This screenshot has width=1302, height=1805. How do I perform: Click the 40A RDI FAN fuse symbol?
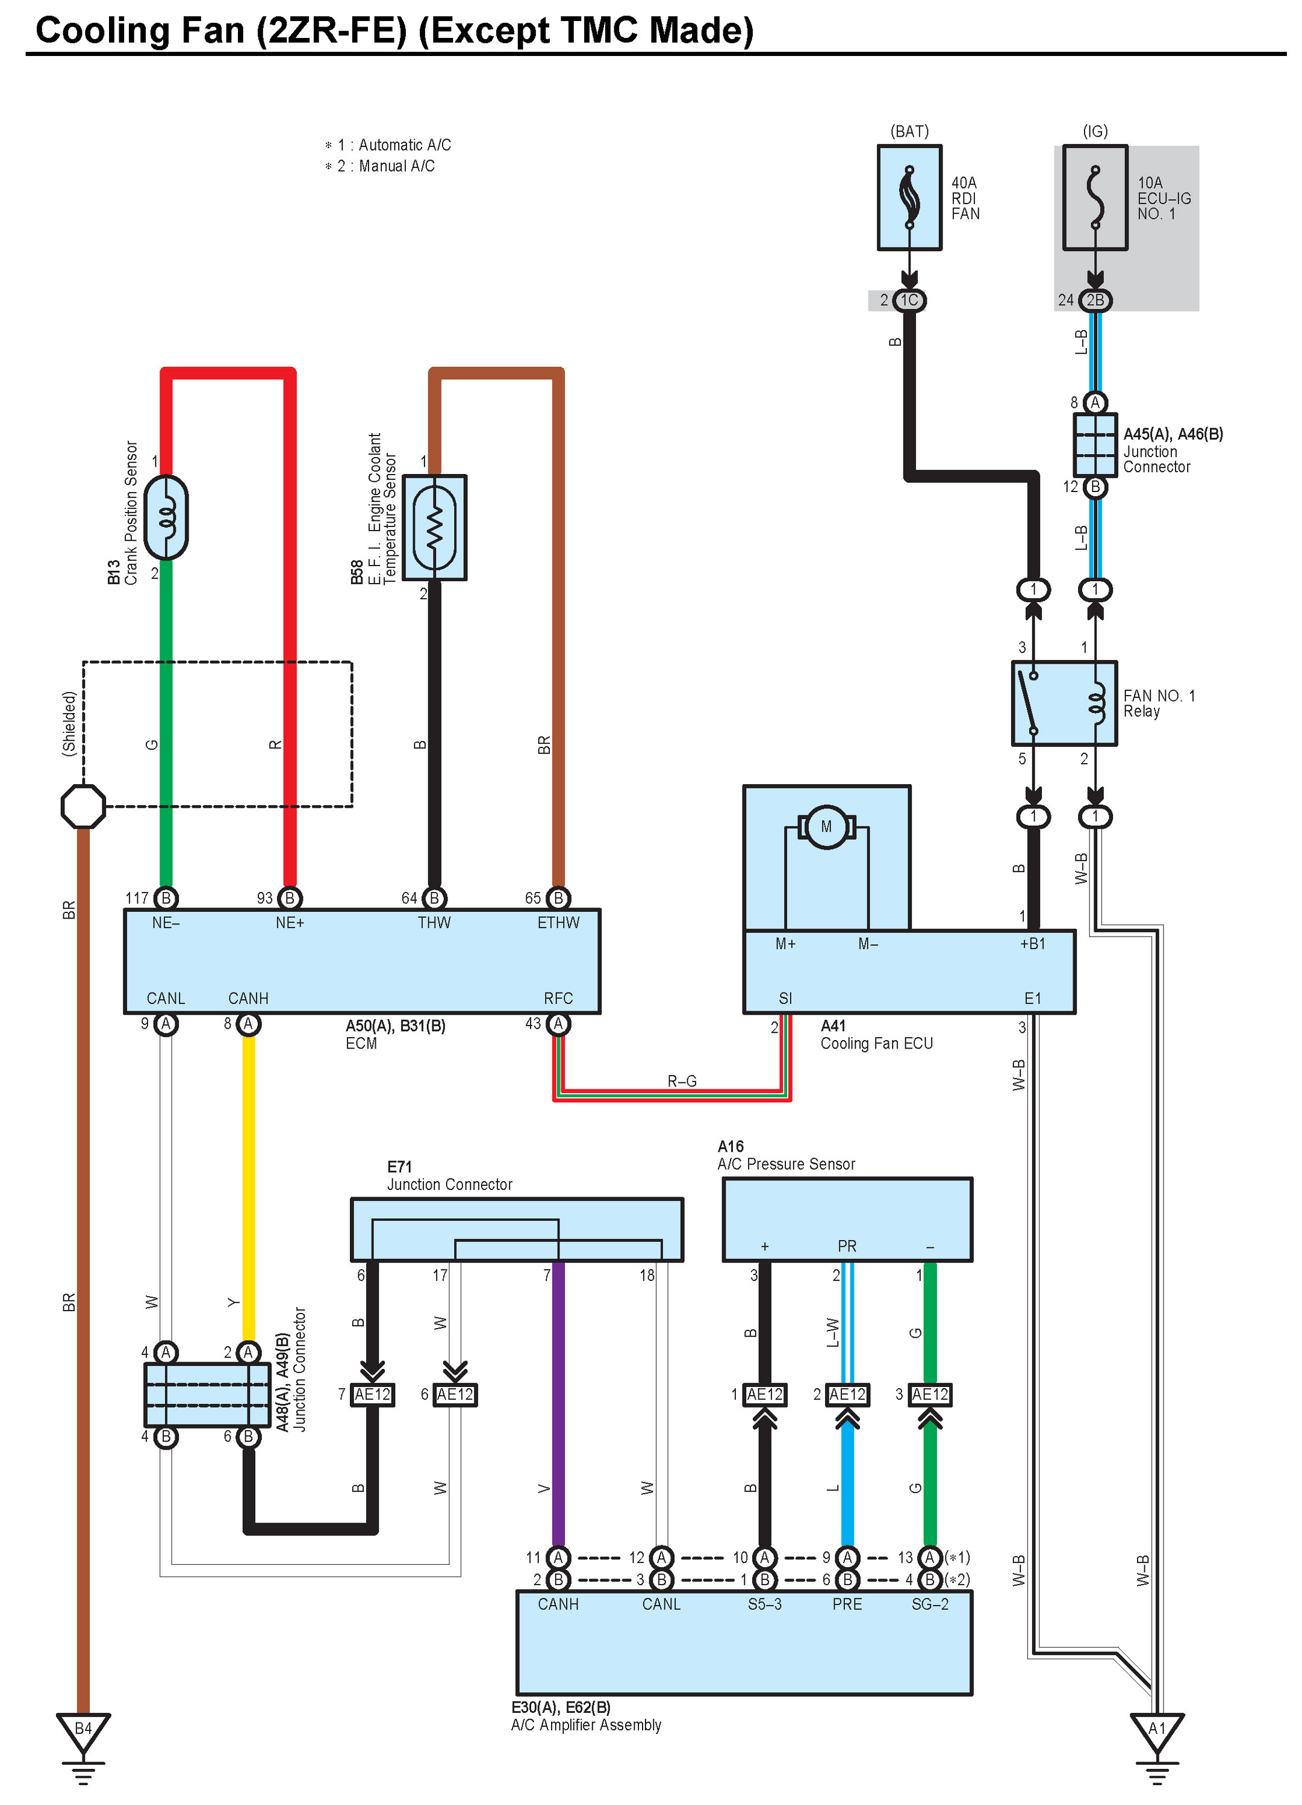pyautogui.click(x=909, y=198)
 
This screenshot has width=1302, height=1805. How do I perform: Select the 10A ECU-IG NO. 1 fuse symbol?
pyautogui.click(x=1095, y=198)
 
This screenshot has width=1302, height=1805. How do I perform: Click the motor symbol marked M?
pyautogui.click(x=826, y=827)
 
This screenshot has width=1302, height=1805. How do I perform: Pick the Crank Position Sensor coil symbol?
pyautogui.click(x=167, y=517)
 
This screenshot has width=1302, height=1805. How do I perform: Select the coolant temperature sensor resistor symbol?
pyautogui.click(x=435, y=528)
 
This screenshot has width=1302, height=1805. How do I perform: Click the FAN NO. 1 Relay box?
pyautogui.click(x=1064, y=703)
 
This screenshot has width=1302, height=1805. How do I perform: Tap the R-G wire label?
pyautogui.click(x=681, y=1080)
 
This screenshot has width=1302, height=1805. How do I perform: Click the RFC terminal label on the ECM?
pyautogui.click(x=558, y=998)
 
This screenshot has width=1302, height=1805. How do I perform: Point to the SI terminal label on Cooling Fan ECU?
pyautogui.click(x=785, y=998)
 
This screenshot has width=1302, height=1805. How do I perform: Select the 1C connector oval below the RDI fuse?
pyautogui.click(x=909, y=300)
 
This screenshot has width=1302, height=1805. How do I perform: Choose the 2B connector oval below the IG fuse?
pyautogui.click(x=1095, y=300)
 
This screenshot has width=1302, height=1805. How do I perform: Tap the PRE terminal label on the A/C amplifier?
pyautogui.click(x=847, y=1604)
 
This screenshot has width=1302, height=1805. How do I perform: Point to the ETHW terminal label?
pyautogui.click(x=558, y=923)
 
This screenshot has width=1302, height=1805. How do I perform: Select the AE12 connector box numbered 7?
pyautogui.click(x=372, y=1394)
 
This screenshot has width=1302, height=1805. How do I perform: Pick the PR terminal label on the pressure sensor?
pyautogui.click(x=847, y=1245)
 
